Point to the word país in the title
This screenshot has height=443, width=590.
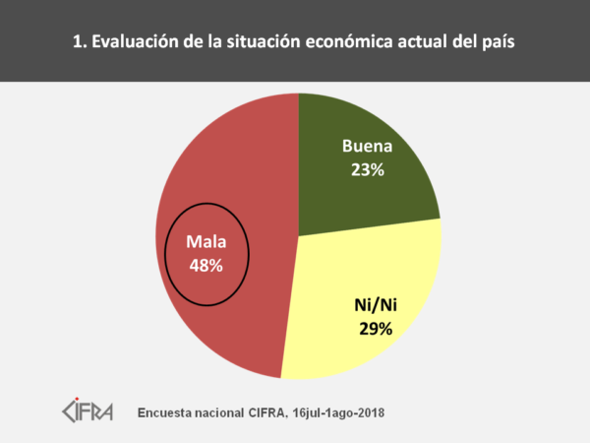point(496,42)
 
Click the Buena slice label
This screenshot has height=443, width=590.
point(367,149)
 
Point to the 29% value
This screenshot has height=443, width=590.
point(375,328)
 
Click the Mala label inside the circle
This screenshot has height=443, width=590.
point(206,242)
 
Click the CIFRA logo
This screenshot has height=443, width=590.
point(87,409)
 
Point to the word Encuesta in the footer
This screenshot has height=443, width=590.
point(170,410)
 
